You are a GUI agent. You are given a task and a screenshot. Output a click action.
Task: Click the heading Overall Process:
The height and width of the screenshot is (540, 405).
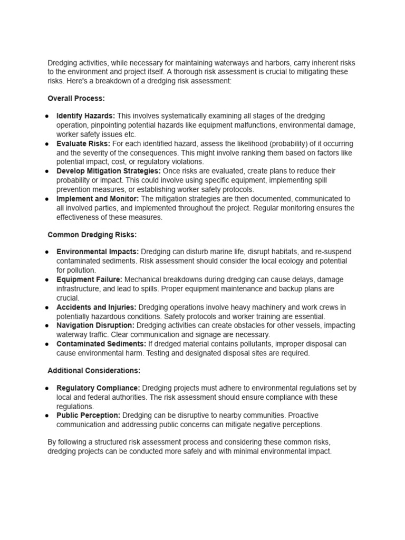pyautogui.click(x=76, y=98)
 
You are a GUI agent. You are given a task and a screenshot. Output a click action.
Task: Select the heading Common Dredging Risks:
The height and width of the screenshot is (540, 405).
pyautogui.click(x=92, y=234)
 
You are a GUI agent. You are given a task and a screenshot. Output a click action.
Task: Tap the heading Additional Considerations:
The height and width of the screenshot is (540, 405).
pyautogui.click(x=94, y=371)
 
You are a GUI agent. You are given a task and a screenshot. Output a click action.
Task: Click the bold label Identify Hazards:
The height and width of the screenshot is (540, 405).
pyautogui.click(x=86, y=116)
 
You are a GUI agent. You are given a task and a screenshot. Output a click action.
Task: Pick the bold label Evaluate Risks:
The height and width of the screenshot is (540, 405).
pyautogui.click(x=83, y=143)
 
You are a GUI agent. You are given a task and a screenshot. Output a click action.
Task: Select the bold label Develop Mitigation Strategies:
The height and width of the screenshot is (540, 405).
pyautogui.click(x=109, y=171)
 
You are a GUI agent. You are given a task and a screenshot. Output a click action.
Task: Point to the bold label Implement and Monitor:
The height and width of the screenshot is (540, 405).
pyautogui.click(x=98, y=199)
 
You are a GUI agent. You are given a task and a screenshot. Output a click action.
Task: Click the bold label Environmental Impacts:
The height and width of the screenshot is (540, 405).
pyautogui.click(x=98, y=252)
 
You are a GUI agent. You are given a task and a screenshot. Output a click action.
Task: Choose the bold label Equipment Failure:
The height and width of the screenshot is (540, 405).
pyautogui.click(x=89, y=279)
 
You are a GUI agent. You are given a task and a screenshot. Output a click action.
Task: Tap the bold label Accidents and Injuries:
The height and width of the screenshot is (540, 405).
pyautogui.click(x=97, y=307)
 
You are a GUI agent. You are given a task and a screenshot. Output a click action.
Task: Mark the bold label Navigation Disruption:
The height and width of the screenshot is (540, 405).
pyautogui.click(x=95, y=325)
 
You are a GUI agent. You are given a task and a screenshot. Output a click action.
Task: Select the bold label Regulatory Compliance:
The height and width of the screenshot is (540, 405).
pyautogui.click(x=98, y=388)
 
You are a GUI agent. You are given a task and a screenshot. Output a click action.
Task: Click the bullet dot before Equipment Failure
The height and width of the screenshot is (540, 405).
pyautogui.click(x=47, y=279)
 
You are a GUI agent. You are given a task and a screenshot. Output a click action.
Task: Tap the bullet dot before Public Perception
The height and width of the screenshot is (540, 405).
pyautogui.click(x=47, y=416)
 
